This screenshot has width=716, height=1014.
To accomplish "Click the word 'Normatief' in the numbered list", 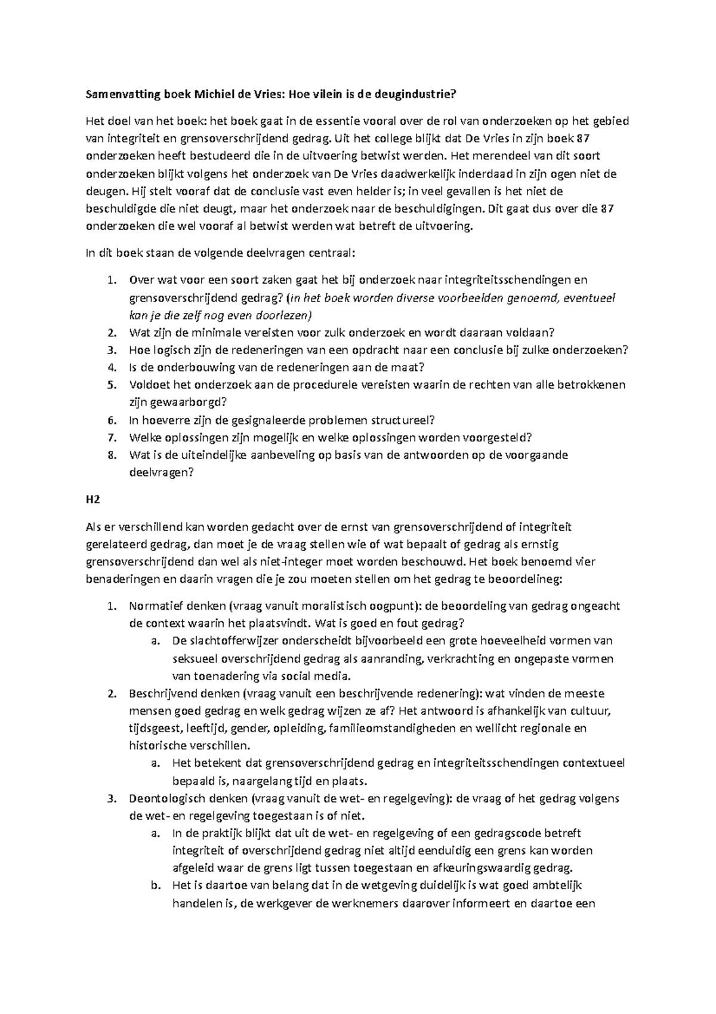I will click(154, 606).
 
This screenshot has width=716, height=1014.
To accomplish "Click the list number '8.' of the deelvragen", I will click(111, 455).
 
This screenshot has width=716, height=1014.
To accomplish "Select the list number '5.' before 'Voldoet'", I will click(111, 385).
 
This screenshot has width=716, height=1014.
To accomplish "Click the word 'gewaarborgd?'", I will click(178, 402).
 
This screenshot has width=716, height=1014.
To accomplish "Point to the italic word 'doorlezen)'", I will click(286, 315).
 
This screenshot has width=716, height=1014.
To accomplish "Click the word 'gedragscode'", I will click(521, 833).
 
